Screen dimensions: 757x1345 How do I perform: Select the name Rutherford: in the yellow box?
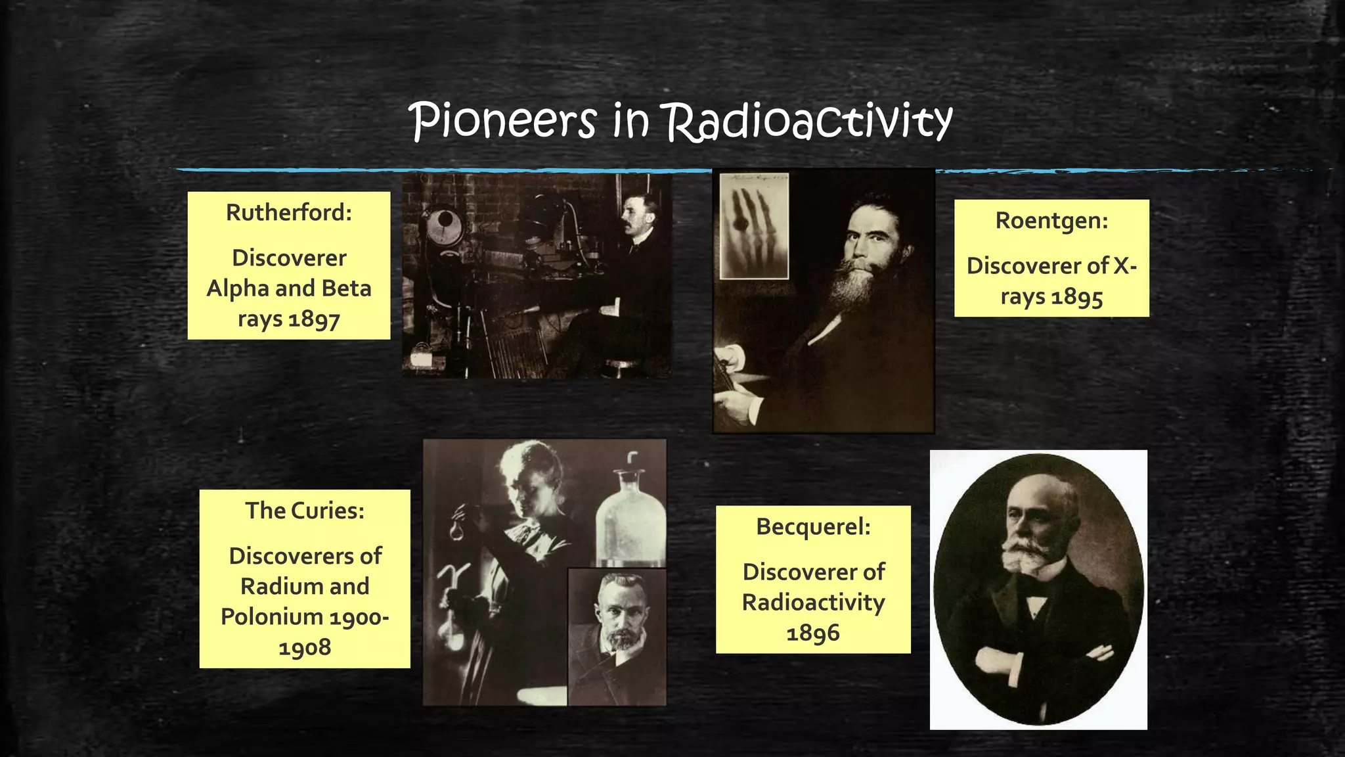[x=289, y=213]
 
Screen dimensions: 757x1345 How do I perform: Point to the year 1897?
[x=314, y=319]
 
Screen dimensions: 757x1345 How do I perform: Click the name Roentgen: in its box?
[x=1051, y=221]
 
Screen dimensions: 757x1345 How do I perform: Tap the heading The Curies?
[x=305, y=511]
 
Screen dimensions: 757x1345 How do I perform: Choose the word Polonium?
[x=271, y=617]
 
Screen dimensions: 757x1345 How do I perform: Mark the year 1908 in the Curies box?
[x=305, y=648]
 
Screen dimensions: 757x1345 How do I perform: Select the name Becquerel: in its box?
[x=813, y=526]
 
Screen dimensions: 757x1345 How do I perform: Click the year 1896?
[x=813, y=633]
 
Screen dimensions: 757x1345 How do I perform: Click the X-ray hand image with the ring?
[x=754, y=227]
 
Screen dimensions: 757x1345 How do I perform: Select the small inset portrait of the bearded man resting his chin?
[x=617, y=636]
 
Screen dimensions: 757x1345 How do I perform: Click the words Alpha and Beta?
[x=289, y=288]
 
